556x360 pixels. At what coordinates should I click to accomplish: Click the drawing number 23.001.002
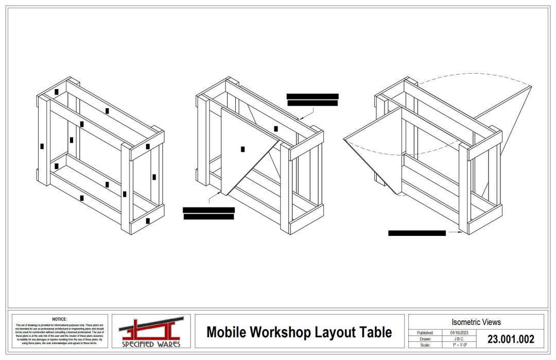510,339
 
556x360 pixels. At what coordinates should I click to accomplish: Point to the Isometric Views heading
476,322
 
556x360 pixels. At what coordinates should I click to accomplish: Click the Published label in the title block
425,333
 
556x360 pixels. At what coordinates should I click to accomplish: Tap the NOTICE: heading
59,319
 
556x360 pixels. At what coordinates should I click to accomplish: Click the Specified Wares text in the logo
151,344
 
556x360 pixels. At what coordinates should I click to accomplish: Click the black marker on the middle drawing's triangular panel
242,149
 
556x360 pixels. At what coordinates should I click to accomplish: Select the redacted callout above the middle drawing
312,99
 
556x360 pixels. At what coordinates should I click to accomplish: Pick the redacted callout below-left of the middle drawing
208,213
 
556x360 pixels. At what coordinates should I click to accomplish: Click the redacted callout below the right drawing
416,233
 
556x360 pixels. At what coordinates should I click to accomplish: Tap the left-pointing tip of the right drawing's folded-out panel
344,140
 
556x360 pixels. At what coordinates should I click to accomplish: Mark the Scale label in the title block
425,345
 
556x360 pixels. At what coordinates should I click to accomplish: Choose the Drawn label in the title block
425,339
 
